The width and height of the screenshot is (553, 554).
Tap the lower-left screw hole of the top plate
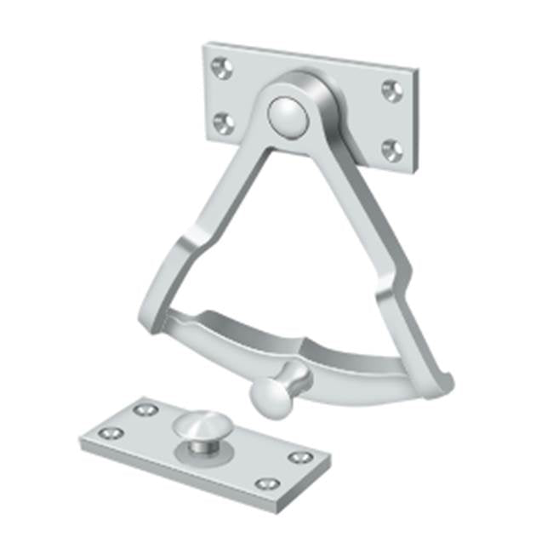tap(223, 123)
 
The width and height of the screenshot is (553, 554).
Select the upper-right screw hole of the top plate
tap(391, 89)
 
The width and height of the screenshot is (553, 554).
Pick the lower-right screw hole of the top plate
tap(391, 150)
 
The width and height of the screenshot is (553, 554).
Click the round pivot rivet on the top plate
tap(285, 115)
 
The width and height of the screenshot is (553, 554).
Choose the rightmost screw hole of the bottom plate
tap(299, 457)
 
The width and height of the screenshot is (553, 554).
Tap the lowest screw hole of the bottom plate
tap(267, 483)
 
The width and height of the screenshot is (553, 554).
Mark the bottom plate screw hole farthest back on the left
tap(145, 409)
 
